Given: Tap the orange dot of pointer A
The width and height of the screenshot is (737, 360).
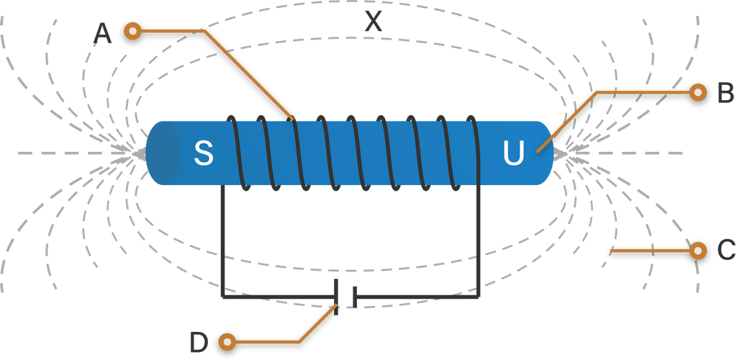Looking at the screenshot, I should coord(132,30).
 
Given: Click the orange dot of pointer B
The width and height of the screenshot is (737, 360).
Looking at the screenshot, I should coord(697,92).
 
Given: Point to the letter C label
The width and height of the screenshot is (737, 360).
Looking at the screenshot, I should coord(725,251).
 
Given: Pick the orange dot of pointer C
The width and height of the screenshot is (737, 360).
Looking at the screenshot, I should coord(697,251).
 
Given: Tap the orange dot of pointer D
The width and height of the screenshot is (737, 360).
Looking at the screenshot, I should coord(227,341).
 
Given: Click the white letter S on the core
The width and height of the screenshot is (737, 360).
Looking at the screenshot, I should coord(204,153).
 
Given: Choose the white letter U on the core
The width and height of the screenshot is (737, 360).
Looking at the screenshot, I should coord(512,153).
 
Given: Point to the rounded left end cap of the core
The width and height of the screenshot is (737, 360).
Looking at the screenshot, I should coord(163,153).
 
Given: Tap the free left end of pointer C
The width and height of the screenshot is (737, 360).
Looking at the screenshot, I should coord(612,251).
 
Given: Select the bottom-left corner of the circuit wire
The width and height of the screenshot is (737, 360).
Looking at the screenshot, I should coord(222,294).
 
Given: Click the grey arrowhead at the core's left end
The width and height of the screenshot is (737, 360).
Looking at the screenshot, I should coord(136,153).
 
